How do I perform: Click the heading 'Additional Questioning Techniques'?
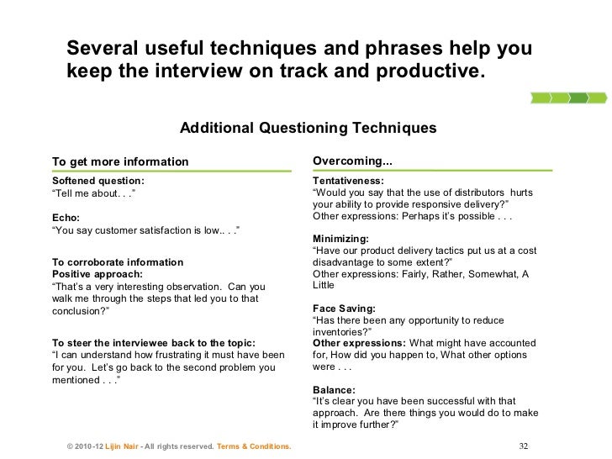pos(309,129)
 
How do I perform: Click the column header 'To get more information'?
pos(120,161)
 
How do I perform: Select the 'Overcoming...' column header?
pos(352,161)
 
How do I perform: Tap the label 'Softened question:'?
pos(98,181)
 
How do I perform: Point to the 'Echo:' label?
pos(66,216)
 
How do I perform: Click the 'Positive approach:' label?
pos(98,274)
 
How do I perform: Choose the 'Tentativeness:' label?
pos(347,181)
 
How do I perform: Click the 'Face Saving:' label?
pos(343,309)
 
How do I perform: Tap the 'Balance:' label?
pos(334,390)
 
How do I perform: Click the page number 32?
pos(525,446)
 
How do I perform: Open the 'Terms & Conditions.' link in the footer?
pos(254,446)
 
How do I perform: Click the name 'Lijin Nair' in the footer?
pos(120,446)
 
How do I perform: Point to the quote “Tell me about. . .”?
pos(93,193)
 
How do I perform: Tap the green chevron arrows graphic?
pos(568,98)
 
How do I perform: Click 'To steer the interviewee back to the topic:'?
pos(154,342)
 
